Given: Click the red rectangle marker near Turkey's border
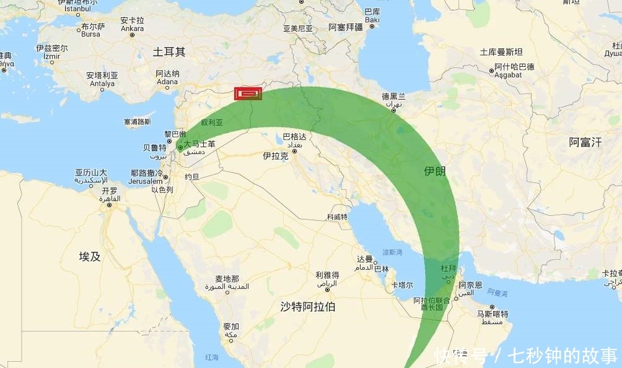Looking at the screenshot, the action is click(x=248, y=93).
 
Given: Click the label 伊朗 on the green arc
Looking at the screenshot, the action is click(x=434, y=171).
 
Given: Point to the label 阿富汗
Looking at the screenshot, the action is click(x=585, y=142).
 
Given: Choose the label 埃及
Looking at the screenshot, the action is click(x=90, y=256).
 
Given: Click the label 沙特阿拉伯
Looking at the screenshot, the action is click(x=308, y=306).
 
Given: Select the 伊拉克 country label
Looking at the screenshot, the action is click(x=276, y=156).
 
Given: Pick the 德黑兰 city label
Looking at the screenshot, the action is click(x=393, y=96).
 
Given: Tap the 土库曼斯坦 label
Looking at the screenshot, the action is click(x=501, y=52).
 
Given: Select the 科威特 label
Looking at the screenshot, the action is click(x=337, y=217).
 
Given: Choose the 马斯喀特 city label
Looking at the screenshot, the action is click(x=492, y=314).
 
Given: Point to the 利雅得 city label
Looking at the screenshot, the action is click(x=326, y=275).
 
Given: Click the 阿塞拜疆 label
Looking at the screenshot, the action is click(x=345, y=27).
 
